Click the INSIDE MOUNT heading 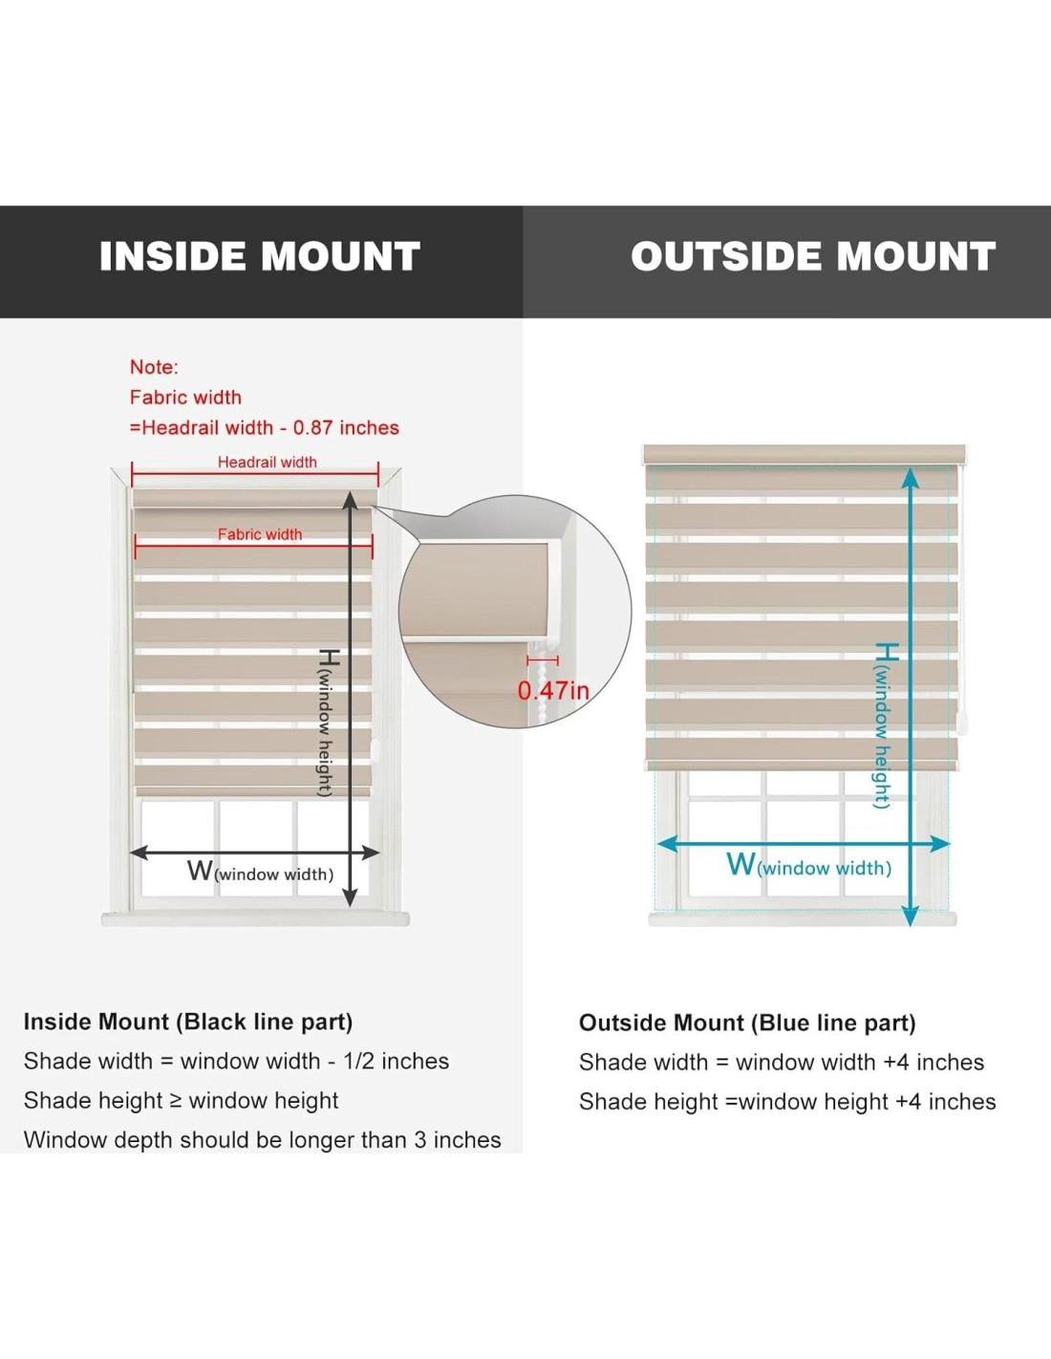260,256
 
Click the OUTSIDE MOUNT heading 813,256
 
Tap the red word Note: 154,367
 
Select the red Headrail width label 267,463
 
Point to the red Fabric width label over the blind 260,534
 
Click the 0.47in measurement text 553,690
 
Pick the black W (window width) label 260,872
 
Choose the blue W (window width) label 808,866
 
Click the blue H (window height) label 883,724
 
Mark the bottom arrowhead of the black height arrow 350,897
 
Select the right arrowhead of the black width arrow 371,852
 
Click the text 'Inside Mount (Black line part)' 188,1022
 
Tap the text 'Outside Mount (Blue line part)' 747,1023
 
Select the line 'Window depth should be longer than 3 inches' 263,1139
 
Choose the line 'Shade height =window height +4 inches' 787,1101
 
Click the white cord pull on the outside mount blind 961,725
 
